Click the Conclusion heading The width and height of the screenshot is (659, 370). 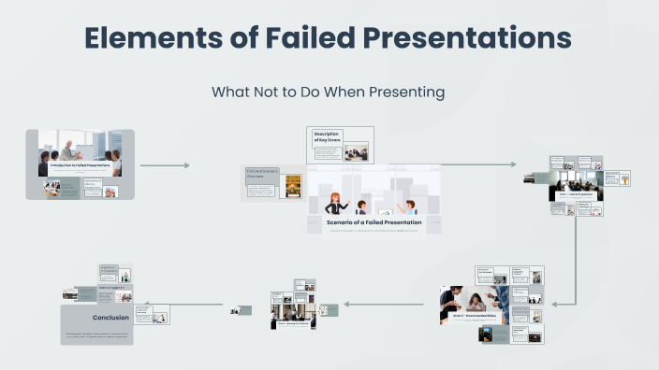[110, 318]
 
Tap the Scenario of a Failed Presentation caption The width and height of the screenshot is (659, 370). [373, 222]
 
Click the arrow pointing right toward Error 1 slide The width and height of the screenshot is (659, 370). [479, 164]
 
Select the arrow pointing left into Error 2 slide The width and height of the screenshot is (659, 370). [568, 304]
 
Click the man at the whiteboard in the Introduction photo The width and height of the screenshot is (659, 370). [69, 148]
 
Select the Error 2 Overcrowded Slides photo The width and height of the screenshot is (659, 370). [474, 299]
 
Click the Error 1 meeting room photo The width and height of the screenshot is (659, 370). [576, 184]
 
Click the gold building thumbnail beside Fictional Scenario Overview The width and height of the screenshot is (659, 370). [293, 183]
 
